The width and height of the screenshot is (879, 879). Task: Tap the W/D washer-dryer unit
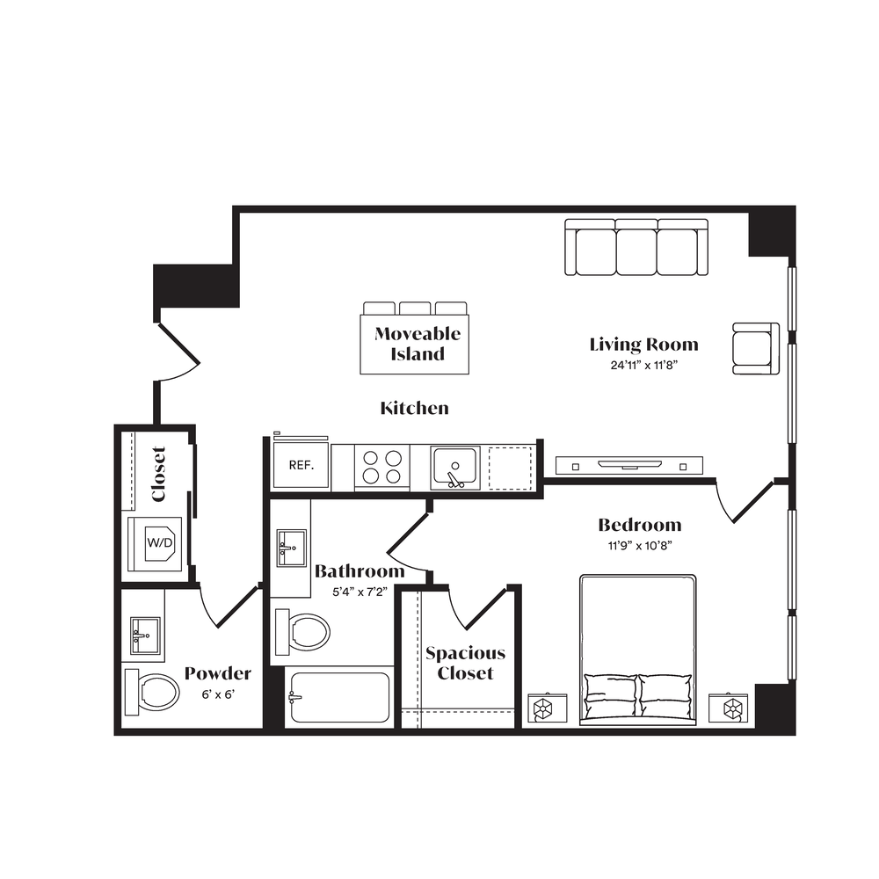[x=159, y=542]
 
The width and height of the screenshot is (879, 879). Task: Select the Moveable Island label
[x=418, y=344]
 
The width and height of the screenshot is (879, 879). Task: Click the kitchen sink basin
[x=455, y=468]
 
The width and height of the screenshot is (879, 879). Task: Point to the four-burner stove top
[x=382, y=467]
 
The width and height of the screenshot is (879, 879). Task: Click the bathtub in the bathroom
[x=338, y=697]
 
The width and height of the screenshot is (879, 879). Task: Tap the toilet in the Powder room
[x=152, y=693]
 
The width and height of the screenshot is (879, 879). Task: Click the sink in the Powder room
[x=145, y=636]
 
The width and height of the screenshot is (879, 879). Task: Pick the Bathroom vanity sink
[x=292, y=548]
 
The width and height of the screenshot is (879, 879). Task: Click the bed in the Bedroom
[x=638, y=650]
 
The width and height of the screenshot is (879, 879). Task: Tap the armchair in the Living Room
[x=756, y=348]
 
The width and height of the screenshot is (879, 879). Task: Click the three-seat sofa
[x=636, y=247]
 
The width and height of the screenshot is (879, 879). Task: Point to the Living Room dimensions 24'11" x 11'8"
[x=644, y=366]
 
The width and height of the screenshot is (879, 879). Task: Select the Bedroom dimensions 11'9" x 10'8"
[x=640, y=546]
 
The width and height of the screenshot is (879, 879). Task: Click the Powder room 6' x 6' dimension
[x=217, y=694]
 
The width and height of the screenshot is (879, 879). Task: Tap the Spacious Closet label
[x=465, y=663]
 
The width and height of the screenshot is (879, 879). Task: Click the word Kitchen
[x=414, y=408]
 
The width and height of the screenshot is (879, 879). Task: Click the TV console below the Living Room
[x=629, y=465]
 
